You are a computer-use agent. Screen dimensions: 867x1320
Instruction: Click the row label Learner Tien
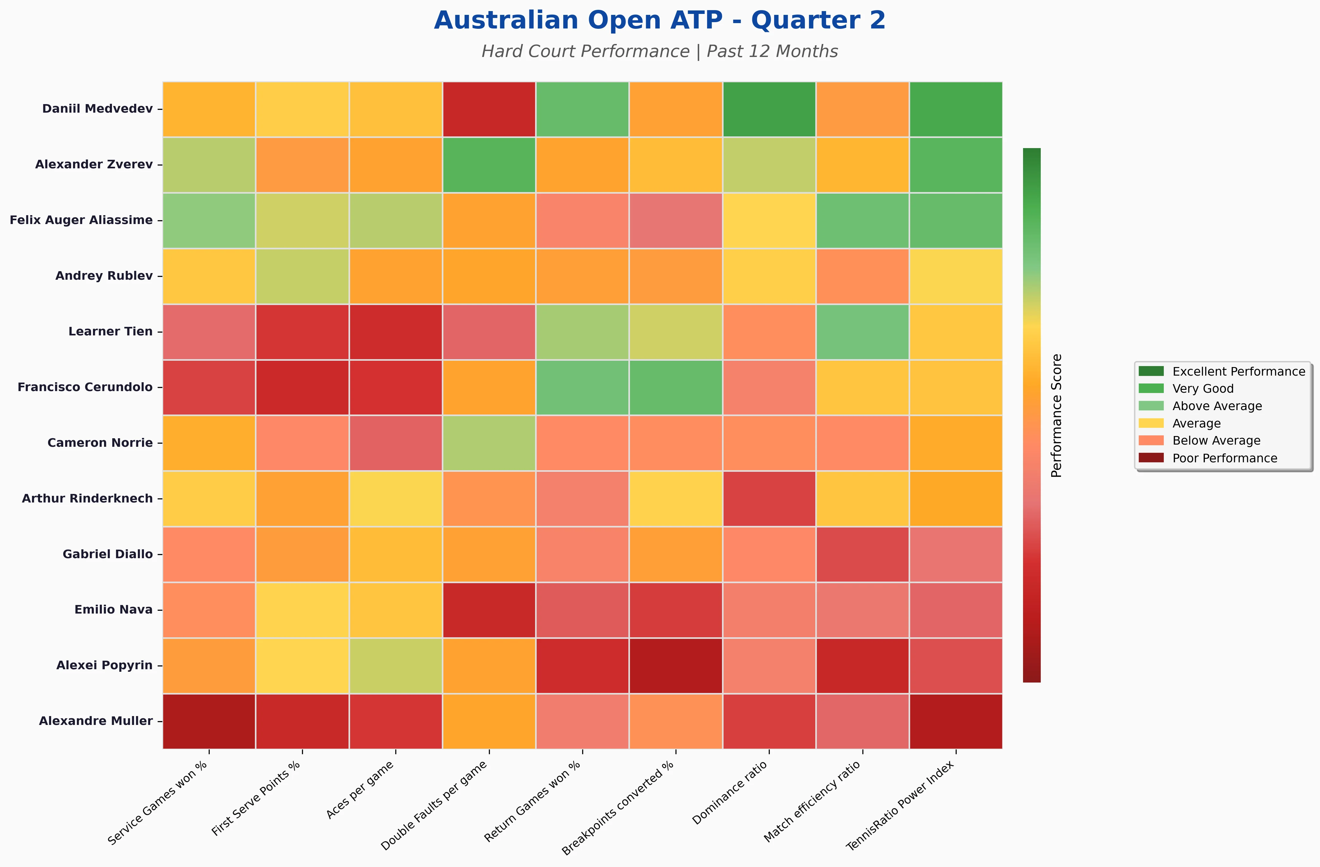pos(110,331)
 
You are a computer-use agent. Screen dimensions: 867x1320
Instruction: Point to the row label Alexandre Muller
pos(96,721)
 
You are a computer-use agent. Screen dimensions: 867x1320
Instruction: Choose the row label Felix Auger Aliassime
pos(81,220)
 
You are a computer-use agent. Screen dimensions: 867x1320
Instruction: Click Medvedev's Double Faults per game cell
pos(489,109)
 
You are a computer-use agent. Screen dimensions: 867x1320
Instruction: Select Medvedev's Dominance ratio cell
pos(769,109)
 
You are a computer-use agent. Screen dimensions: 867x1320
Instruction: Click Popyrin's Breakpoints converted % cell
pos(675,665)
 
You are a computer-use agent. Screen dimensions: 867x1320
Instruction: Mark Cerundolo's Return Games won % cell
pos(582,387)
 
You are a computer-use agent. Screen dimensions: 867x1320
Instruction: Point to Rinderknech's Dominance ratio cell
pos(769,498)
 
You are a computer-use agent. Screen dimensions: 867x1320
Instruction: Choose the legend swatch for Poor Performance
pos(1151,458)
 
